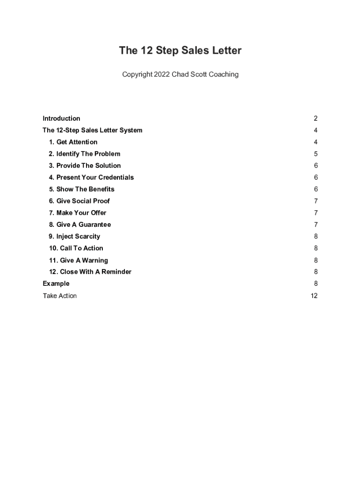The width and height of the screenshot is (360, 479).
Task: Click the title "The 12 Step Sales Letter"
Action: pyautogui.click(x=180, y=51)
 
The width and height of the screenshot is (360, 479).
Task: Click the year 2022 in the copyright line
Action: pyautogui.click(x=162, y=74)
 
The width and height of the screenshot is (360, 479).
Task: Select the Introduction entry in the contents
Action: pyautogui.click(x=61, y=118)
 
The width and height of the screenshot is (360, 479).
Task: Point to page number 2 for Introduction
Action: pyautogui.click(x=316, y=118)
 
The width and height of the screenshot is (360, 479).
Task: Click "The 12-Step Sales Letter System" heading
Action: pyautogui.click(x=93, y=130)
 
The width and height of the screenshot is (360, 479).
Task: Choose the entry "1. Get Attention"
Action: pyautogui.click(x=73, y=142)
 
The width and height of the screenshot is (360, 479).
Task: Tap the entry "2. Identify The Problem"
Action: pyautogui.click(x=84, y=154)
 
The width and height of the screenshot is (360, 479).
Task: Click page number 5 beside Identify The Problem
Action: pyautogui.click(x=316, y=154)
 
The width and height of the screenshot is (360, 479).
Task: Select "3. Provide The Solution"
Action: pyautogui.click(x=85, y=166)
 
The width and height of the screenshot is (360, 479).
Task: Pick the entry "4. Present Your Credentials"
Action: pyautogui.click(x=91, y=177)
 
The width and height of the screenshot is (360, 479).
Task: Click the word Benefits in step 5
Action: pyautogui.click(x=101, y=189)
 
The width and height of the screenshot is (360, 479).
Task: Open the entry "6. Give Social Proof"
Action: pyautogui.click(x=79, y=201)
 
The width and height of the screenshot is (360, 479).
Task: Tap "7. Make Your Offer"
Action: pyautogui.click(x=77, y=213)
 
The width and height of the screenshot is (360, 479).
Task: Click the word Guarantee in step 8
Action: pyautogui.click(x=94, y=225)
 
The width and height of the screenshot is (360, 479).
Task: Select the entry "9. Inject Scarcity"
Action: pyautogui.click(x=74, y=236)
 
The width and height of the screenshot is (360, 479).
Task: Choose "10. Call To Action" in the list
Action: pyautogui.click(x=76, y=248)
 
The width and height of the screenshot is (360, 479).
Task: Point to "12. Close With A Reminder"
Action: pyautogui.click(x=90, y=272)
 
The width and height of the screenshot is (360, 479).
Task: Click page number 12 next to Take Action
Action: pyautogui.click(x=314, y=296)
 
